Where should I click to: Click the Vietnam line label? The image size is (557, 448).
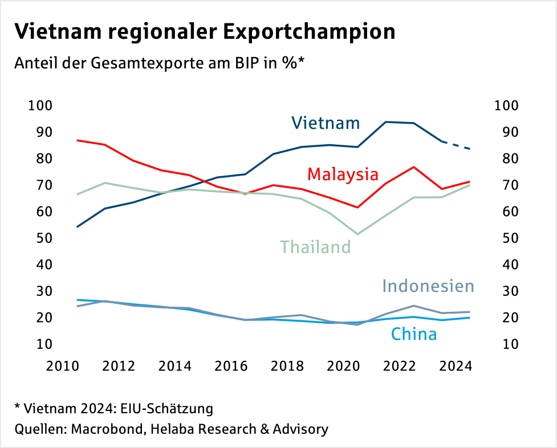point(326,123)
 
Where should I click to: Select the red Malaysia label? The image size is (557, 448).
point(343,174)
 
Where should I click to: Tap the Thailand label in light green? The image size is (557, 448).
point(315,247)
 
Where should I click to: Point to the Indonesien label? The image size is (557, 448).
point(428,285)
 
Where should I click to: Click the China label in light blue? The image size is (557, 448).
point(414,333)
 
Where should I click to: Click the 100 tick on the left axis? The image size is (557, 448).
point(40,105)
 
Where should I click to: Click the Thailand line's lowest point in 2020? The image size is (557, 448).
point(357,234)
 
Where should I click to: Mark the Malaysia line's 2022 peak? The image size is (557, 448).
point(413,167)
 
